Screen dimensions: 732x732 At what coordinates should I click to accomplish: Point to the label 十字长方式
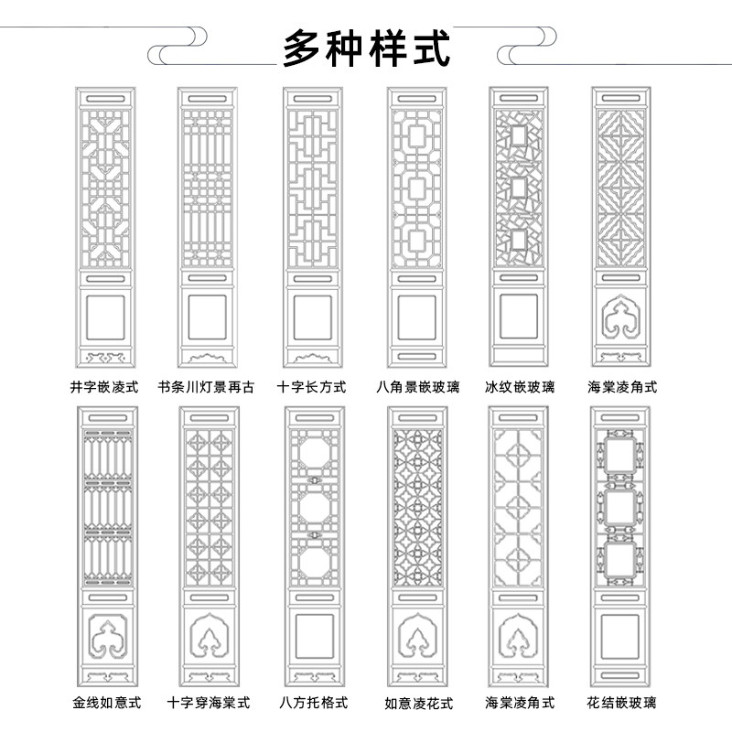311,387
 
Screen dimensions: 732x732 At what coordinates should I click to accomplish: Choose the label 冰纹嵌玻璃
519,387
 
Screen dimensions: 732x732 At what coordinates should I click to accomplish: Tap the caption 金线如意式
106,703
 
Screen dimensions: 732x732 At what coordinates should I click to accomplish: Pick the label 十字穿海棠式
209,703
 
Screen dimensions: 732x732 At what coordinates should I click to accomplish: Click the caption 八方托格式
313,703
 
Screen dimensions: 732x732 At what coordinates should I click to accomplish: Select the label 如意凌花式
418,704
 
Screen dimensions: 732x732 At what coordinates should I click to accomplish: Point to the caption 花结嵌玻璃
622,703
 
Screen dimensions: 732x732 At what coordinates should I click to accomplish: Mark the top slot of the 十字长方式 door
312,97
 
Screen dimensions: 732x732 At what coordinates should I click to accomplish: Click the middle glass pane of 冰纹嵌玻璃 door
519,188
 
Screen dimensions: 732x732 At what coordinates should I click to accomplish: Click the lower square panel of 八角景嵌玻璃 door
415,317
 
